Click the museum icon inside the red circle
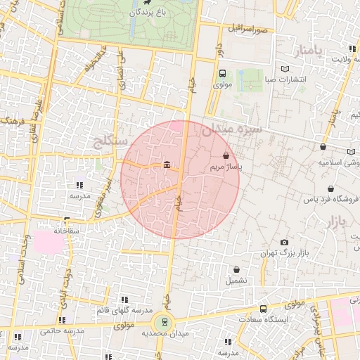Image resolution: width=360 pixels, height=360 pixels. (x=167, y=165)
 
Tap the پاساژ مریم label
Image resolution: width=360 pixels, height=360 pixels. (x=226, y=168)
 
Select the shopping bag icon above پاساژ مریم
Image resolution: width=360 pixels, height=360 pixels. (x=226, y=155)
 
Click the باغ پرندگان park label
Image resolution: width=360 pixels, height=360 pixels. (x=151, y=13)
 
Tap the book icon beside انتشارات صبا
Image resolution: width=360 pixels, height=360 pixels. (x=285, y=69)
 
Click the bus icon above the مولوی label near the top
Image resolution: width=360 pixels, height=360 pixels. (x=222, y=74)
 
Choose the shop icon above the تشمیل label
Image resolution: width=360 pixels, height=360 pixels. (x=236, y=269)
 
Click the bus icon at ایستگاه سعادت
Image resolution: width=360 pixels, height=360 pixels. (x=263, y=308)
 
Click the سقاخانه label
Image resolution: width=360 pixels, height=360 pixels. (x=66, y=230)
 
